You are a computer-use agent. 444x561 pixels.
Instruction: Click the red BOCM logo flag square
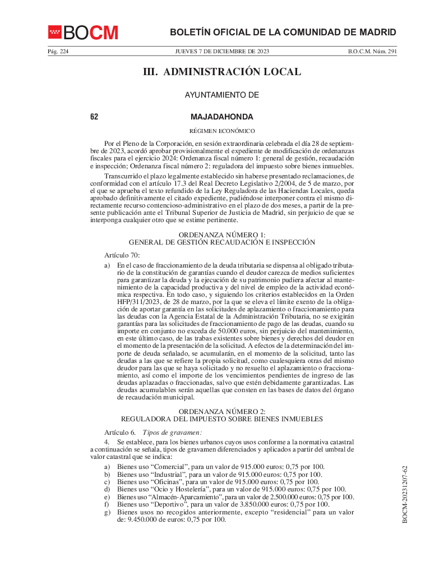(x=54, y=32)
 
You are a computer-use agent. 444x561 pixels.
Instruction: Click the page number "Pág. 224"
(x=58, y=52)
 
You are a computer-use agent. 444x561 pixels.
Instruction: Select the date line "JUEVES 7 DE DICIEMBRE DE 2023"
(x=222, y=52)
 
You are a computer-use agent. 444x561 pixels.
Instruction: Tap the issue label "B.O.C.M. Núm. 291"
(x=372, y=52)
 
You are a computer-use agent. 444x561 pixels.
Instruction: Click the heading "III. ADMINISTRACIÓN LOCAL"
(x=222, y=72)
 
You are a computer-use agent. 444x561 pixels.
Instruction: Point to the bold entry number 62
(x=94, y=117)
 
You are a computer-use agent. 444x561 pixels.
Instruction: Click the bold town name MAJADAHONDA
(x=222, y=117)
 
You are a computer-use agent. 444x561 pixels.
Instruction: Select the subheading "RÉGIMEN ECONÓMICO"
(x=222, y=131)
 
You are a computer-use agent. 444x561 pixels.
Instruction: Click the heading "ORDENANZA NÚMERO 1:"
(x=222, y=234)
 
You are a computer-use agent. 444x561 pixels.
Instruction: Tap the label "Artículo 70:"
(x=118, y=255)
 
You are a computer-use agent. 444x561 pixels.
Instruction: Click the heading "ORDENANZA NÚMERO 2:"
(x=222, y=411)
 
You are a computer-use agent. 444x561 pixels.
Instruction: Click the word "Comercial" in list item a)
(x=167, y=467)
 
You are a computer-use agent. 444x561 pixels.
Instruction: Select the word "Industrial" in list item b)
(x=167, y=474)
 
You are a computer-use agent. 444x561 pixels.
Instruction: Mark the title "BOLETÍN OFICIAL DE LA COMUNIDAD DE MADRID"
(x=283, y=33)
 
